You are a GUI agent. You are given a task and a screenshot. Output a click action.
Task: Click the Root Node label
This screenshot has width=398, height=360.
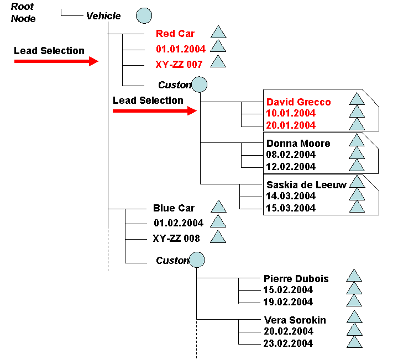pos(23,13)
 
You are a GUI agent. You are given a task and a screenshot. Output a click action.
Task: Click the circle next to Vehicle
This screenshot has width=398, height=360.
pos(144,16)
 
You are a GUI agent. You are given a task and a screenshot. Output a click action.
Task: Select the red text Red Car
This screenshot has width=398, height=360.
pos(175,34)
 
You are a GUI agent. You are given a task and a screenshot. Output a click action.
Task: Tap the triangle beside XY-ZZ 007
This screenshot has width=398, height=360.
pos(219,62)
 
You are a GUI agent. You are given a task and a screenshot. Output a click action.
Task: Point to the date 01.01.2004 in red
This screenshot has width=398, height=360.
pos(181,49)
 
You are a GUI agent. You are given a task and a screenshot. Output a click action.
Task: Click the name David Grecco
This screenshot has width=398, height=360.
pos(298,102)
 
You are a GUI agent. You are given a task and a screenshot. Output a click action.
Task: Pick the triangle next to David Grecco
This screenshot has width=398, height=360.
pos(357,100)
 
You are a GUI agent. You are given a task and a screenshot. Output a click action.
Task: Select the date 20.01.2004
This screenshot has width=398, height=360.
pos(291,125)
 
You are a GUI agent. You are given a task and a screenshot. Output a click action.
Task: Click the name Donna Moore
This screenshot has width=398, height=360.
pos(298,144)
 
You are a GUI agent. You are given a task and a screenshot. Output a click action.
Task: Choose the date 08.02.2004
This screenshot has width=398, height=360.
pos(291,155)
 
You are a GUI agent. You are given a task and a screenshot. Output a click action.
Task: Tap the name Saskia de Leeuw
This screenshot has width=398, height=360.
pos(306,185)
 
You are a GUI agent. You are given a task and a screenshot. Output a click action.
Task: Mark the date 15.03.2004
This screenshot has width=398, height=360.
pos(291,208)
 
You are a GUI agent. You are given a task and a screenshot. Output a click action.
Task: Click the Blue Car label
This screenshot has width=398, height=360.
pos(174,208)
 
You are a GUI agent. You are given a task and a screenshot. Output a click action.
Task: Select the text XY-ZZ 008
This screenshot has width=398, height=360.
pos(176,239)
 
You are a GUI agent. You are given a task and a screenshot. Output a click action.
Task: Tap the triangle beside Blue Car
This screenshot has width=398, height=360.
pos(219,207)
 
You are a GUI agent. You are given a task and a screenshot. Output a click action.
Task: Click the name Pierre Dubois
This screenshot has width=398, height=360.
pos(296,279)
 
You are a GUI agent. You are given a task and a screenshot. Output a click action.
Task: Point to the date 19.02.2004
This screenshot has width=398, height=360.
pos(289,302)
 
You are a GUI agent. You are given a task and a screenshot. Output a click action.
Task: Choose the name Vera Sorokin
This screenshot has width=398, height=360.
pos(295,320)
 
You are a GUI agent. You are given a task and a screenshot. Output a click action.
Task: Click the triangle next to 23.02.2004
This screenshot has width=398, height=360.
pos(354,342)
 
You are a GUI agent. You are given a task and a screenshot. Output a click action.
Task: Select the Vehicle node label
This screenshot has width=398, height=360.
pos(103,16)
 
